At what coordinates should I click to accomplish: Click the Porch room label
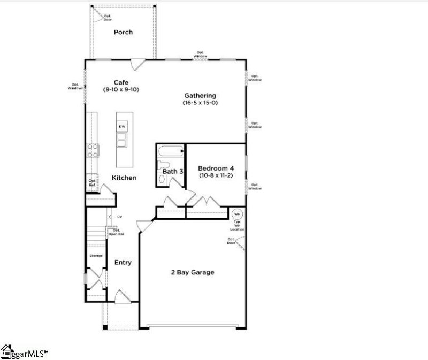(123, 32)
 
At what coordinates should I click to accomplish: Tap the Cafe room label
(121, 82)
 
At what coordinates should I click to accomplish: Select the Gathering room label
(201, 96)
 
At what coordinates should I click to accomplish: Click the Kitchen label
(124, 178)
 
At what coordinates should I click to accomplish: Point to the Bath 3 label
(173, 172)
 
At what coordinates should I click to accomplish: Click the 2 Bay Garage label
(192, 272)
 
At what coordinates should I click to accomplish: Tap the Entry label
(123, 263)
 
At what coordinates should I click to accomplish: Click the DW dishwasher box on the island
(122, 127)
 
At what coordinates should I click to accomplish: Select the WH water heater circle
(237, 214)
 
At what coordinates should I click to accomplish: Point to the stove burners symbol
(93, 150)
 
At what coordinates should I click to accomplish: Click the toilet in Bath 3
(164, 165)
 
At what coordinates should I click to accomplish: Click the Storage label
(96, 256)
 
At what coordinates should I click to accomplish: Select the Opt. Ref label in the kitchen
(92, 183)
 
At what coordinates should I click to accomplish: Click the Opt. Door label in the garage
(231, 241)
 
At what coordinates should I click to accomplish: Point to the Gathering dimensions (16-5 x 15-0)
(201, 103)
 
